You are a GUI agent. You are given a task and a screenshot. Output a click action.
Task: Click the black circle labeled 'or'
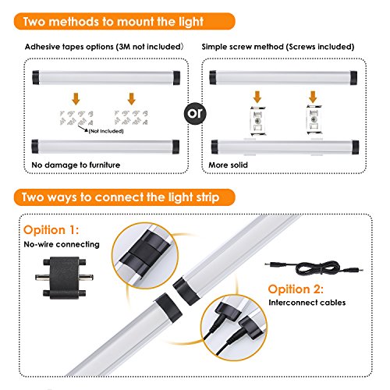click(x=195, y=113)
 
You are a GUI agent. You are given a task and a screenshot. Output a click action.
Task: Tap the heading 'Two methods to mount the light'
click(x=113, y=21)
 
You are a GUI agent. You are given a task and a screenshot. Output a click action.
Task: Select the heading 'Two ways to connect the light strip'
click(x=120, y=197)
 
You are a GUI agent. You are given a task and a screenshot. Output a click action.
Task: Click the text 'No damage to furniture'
click(x=76, y=165)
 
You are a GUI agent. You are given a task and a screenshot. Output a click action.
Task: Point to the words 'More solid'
click(x=228, y=165)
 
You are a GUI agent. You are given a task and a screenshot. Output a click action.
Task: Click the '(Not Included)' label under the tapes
click(x=106, y=131)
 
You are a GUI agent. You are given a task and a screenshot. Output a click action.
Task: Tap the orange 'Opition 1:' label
click(x=51, y=230)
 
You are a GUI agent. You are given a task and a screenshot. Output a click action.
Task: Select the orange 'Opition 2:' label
click(x=296, y=289)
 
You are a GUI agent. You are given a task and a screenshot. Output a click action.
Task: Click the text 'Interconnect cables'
click(x=307, y=303)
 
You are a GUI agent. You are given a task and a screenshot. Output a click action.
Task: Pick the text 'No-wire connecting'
click(x=62, y=244)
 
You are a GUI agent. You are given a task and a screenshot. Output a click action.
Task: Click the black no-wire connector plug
click(x=64, y=278)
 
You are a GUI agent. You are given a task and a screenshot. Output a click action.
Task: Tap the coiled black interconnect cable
click(x=314, y=268)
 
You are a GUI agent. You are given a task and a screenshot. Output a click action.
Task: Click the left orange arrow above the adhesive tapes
click(x=76, y=99)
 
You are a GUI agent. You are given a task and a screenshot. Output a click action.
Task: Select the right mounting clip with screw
click(x=314, y=120)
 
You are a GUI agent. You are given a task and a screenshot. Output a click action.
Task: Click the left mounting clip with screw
click(x=257, y=121)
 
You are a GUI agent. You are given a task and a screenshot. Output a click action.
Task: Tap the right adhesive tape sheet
click(x=131, y=118)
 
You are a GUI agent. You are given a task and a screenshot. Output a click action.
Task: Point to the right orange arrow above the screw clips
click(x=313, y=97)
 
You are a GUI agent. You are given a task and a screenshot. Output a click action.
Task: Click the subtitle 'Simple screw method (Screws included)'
click(x=278, y=47)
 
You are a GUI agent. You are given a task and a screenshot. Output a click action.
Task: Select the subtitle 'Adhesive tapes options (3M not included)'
click(x=104, y=47)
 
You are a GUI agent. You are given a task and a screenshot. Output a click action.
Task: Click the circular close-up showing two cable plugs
click(x=234, y=328)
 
